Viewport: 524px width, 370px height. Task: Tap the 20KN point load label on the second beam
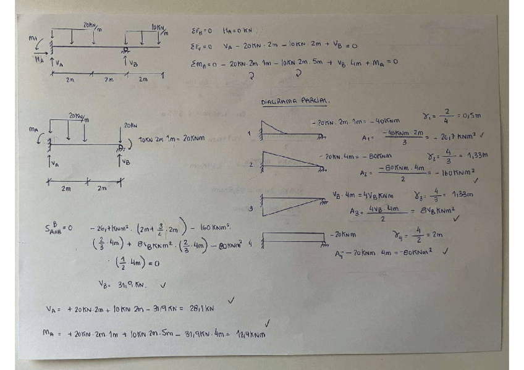(x=130, y=125)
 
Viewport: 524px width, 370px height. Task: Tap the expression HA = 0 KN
(x=238, y=30)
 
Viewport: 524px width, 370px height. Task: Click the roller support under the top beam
(x=125, y=50)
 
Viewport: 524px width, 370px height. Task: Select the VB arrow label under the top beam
(x=130, y=62)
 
